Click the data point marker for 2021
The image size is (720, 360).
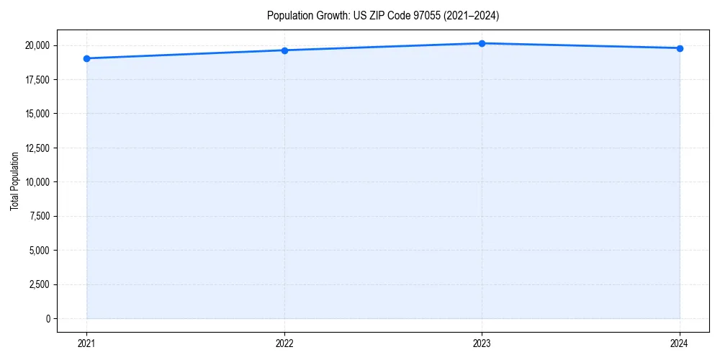(86, 58)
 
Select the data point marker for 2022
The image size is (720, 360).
(284, 50)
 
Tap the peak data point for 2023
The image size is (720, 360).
(482, 43)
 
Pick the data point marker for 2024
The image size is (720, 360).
(680, 48)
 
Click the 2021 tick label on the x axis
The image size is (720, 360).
(86, 343)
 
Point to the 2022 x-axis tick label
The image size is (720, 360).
(284, 343)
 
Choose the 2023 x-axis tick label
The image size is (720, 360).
(482, 343)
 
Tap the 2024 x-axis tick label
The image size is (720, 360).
(680, 343)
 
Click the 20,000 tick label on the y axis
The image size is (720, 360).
(37, 45)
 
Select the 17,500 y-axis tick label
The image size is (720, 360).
(37, 80)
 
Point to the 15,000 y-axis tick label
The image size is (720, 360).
(37, 114)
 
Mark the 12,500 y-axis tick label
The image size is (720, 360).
(37, 148)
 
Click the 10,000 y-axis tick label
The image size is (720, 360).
(37, 182)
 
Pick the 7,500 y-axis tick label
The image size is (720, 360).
(40, 216)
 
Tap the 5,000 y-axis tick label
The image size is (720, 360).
(40, 251)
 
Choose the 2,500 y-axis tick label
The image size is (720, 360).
(40, 284)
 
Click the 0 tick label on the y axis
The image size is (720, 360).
(48, 319)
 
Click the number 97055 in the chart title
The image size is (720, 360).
(422, 15)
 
